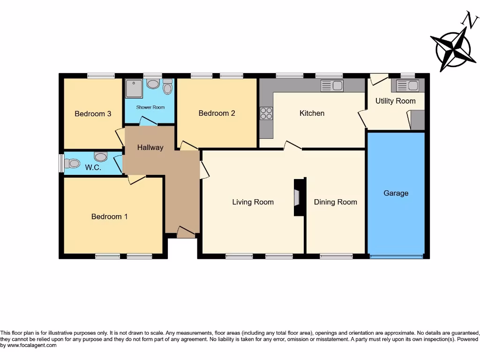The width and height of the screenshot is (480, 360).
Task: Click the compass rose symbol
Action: coord(453,49)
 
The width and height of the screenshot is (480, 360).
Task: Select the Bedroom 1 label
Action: coord(109,217)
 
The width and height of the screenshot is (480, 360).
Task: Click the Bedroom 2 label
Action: coord(217,113)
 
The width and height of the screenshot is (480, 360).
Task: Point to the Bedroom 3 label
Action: coord(93,113)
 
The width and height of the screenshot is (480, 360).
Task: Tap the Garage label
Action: coord(396,193)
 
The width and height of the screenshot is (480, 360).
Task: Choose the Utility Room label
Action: coord(395,101)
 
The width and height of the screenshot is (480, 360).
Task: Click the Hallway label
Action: coord(150,147)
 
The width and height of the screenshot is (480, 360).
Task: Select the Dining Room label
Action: coord(335,202)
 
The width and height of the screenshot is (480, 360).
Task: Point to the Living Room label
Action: coord(253,202)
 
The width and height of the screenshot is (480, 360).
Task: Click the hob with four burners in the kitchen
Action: coord(266,113)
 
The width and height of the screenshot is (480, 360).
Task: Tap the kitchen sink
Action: coord(332,85)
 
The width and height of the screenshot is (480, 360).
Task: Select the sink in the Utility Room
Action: coord(407,85)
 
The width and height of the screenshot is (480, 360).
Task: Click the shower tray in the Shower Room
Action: coord(134,88)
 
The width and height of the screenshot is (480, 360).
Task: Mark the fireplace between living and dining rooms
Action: coord(298,197)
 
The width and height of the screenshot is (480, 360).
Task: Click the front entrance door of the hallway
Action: coord(186,232)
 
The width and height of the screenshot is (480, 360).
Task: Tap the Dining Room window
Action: coord(336,256)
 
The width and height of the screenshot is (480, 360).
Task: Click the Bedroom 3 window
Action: coord(101,75)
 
